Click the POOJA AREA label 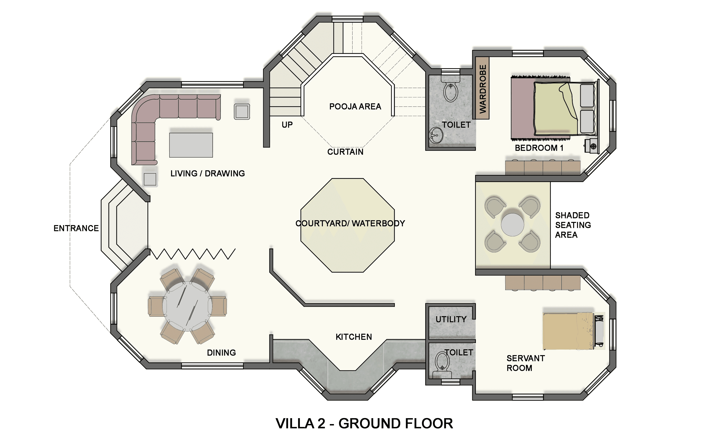355,107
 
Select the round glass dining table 187,306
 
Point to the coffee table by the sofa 191,145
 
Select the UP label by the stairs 287,125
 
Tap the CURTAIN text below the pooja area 345,152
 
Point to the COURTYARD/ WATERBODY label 350,224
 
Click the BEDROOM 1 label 539,148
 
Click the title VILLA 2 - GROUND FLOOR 364,423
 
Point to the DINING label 221,353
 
